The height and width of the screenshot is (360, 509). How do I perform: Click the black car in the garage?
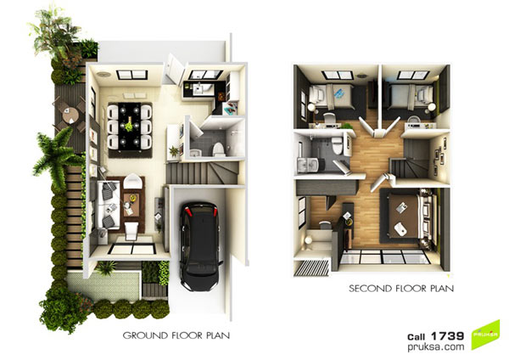click(199, 246)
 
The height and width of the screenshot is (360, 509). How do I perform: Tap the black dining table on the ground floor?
click(130, 127)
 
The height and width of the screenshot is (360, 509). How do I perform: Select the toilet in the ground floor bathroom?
click(218, 149)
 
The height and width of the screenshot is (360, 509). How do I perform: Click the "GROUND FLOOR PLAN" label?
click(176, 335)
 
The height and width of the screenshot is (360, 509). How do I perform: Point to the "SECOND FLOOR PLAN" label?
click(401, 288)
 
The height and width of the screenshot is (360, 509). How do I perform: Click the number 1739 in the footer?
click(448, 336)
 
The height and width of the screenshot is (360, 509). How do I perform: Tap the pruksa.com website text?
click(436, 347)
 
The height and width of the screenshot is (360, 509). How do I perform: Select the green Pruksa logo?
click(485, 335)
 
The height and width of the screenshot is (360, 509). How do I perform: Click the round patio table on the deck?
click(70, 115)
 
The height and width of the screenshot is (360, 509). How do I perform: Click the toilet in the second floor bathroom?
click(338, 145)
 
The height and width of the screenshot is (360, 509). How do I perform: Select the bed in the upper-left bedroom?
click(331, 96)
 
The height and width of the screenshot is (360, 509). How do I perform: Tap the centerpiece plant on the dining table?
click(129, 125)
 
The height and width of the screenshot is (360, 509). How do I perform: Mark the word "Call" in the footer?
click(417, 337)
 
